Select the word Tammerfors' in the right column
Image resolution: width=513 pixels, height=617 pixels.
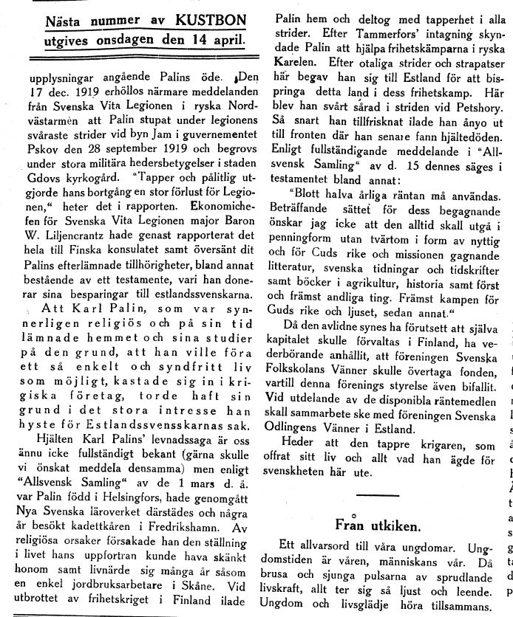[347, 30]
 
